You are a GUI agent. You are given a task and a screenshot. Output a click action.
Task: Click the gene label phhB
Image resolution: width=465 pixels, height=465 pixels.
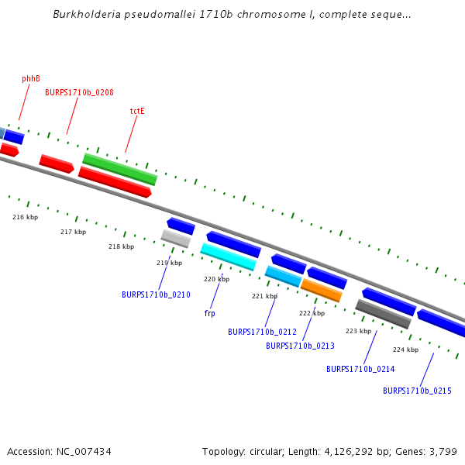[31, 78]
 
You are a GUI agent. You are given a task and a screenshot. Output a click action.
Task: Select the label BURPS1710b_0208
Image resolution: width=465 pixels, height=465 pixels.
[79, 92]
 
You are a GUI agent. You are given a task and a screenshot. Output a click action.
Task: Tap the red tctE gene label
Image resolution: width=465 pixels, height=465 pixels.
[137, 111]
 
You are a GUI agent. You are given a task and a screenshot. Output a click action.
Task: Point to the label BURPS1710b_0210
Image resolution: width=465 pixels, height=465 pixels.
[156, 294]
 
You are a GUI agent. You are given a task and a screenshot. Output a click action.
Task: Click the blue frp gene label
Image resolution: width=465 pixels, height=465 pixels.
[209, 313]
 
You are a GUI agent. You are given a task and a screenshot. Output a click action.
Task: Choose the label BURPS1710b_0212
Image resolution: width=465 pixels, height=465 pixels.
[262, 332]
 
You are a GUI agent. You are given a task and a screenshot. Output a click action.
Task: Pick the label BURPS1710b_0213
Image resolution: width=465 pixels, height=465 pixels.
[300, 346]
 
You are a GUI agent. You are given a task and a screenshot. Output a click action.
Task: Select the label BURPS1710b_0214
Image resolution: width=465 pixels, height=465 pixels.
[360, 369]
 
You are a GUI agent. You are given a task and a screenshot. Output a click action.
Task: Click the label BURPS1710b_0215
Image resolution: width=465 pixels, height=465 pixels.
[417, 391]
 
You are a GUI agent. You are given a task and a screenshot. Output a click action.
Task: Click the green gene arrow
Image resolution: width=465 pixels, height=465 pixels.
[120, 169]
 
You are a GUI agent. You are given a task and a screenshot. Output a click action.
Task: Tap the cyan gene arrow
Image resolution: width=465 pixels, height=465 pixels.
[229, 257]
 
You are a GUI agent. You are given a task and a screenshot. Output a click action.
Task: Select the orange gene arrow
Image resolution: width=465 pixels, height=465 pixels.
[321, 290]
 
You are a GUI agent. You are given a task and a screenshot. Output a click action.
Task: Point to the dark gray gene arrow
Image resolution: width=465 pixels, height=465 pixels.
[383, 314]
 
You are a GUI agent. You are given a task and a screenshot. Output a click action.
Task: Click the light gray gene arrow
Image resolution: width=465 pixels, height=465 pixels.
[176, 238]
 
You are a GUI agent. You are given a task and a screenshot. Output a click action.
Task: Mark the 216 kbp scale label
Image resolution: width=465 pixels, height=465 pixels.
[25, 217]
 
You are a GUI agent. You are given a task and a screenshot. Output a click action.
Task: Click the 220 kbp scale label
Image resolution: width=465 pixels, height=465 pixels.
[216, 279]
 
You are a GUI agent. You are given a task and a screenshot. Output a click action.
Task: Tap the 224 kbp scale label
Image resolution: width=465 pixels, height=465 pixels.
[405, 350]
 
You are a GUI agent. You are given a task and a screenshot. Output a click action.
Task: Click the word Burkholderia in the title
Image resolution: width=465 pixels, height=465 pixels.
[84, 15]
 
